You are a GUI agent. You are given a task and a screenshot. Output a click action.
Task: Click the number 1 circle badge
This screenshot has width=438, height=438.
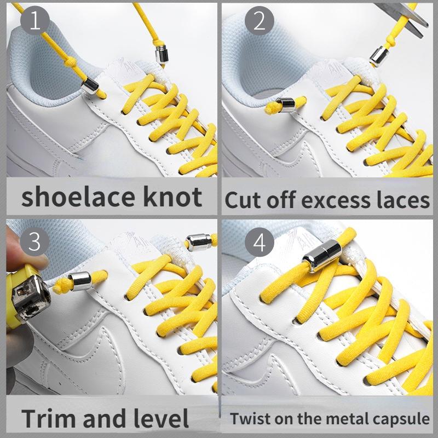pos(35,22)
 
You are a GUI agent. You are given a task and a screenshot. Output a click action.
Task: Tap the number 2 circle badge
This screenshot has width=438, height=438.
pos(258,22)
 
